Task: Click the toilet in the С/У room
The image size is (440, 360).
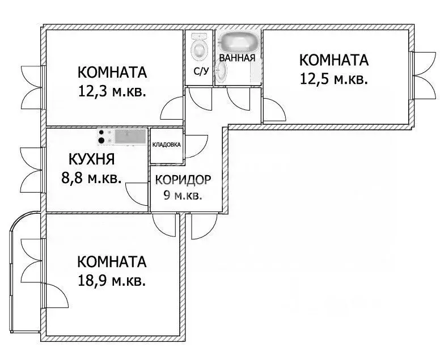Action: pos(199,48)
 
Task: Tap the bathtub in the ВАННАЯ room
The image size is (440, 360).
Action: pos(238,43)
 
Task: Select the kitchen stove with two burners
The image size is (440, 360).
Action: pos(103,137)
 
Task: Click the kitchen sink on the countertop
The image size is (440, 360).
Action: pos(126,136)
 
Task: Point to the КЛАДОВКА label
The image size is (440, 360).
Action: pos(166,145)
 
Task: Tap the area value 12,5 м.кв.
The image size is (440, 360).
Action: pos(333,79)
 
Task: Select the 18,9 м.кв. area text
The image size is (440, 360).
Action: pos(112,280)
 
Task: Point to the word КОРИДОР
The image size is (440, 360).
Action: pos(183,180)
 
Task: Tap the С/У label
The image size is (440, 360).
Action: pos(200,72)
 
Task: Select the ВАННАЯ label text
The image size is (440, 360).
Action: pos(236,58)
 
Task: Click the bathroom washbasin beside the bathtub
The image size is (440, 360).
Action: pos(222,72)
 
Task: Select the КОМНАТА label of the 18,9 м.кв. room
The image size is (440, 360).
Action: pos(112,262)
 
